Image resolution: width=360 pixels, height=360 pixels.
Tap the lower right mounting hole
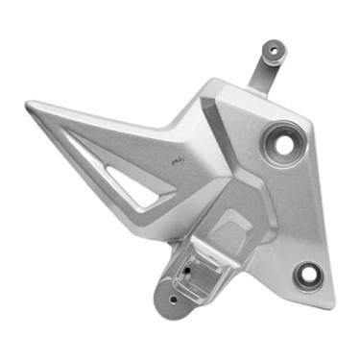(308, 275)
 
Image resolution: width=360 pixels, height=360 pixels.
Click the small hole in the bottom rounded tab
(173, 299)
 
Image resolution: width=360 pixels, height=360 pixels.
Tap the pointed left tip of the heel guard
(29, 106)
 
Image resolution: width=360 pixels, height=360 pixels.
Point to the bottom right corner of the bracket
(331, 305)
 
